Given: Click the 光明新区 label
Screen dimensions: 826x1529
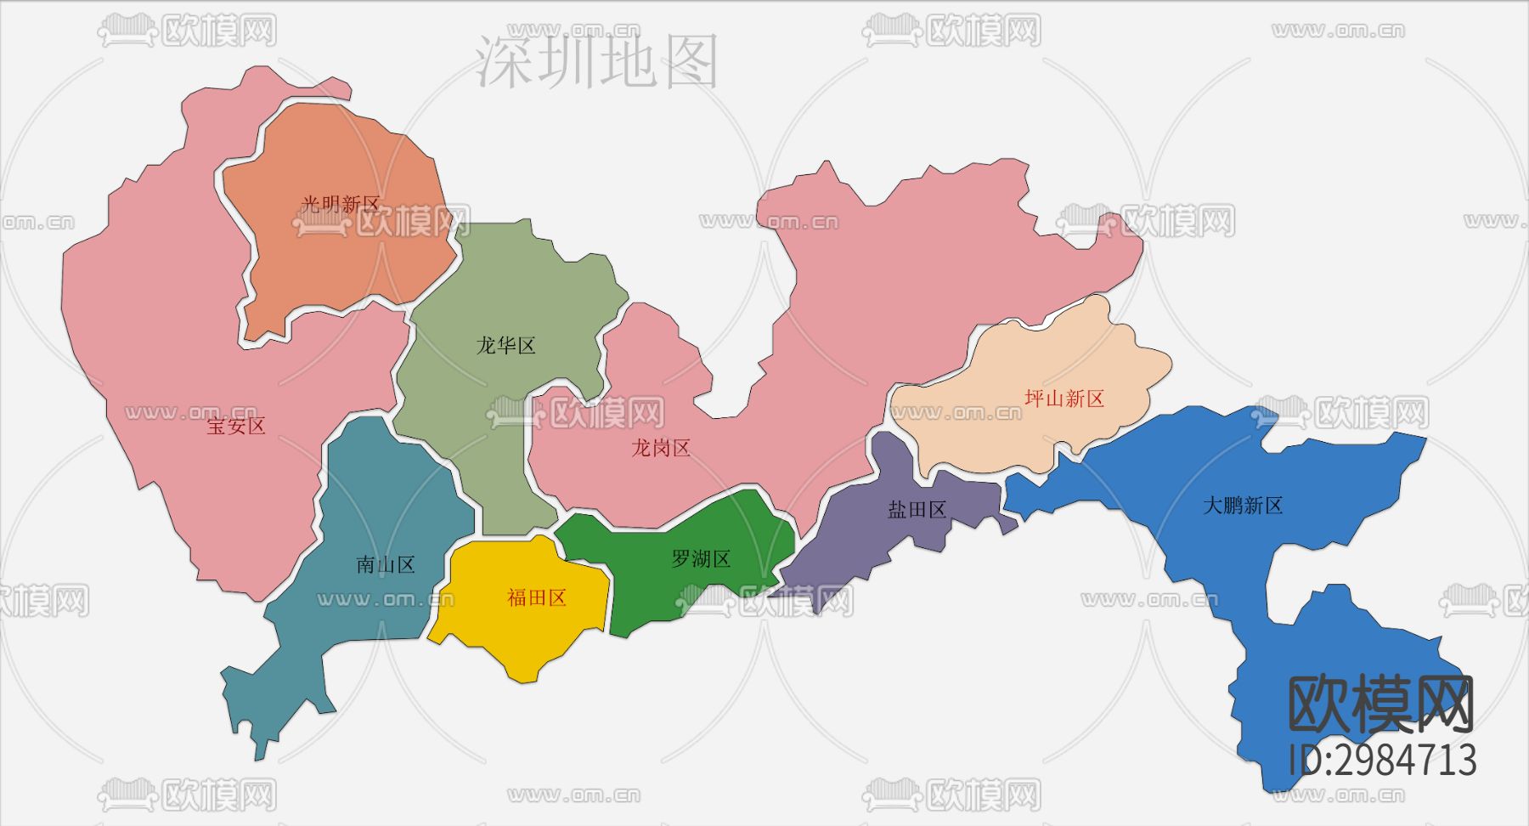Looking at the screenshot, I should click(341, 204).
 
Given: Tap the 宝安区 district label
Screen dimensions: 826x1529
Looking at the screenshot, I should click(236, 426).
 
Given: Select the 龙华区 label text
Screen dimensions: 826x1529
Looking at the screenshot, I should click(506, 346).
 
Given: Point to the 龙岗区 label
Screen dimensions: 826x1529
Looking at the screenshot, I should click(661, 448).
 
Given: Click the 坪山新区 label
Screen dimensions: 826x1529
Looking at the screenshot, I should click(1064, 399).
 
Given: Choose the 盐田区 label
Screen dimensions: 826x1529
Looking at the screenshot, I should click(917, 510).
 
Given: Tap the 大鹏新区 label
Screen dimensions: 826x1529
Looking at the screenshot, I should click(1243, 506).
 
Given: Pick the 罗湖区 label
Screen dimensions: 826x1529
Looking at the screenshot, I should click(702, 559).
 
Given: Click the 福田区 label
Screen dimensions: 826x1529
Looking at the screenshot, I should click(537, 598).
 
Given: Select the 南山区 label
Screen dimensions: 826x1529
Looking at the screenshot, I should click(386, 565).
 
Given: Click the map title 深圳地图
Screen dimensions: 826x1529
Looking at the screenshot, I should click(597, 61).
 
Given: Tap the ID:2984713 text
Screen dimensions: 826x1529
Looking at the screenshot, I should click(1382, 760).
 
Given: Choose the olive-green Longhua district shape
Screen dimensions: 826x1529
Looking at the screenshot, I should click(493, 425).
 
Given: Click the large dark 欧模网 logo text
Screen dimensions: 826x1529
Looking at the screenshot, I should click(1381, 704).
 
